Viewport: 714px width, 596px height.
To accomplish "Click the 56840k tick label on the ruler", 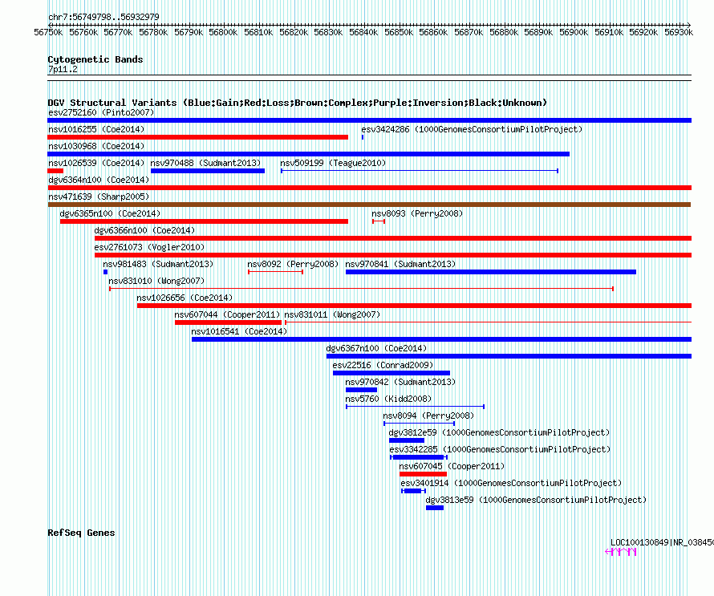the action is click(363, 32).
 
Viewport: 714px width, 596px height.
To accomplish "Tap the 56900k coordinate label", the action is click(574, 32).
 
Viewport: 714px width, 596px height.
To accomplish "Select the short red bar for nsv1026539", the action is click(55, 171).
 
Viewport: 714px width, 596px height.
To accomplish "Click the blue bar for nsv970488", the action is click(208, 171).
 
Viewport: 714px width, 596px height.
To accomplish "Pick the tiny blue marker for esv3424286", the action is click(363, 137).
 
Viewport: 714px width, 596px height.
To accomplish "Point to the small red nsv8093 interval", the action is click(379, 221).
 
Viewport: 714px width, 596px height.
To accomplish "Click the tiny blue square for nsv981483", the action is click(106, 272).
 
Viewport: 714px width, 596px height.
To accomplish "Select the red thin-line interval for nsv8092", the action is click(275, 272).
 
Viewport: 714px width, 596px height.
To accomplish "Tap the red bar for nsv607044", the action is click(228, 322).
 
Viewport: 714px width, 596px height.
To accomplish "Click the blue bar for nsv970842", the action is click(362, 390).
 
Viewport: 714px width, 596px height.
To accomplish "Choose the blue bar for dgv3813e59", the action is click(435, 508).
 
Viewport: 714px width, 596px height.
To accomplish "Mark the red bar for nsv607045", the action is click(423, 474).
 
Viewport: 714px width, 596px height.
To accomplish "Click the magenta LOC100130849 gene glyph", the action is click(621, 552).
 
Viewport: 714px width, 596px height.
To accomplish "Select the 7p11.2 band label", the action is click(63, 69).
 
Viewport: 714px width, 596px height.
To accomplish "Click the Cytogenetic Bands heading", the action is click(95, 59).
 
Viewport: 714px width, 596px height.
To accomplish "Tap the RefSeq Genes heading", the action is click(81, 533).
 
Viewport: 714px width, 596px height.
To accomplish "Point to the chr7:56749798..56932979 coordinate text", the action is click(103, 17).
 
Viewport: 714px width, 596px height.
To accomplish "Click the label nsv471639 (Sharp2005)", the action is click(99, 197).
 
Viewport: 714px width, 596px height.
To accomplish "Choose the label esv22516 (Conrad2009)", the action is click(383, 365).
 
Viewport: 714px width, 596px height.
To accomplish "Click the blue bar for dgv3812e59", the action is click(407, 440).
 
